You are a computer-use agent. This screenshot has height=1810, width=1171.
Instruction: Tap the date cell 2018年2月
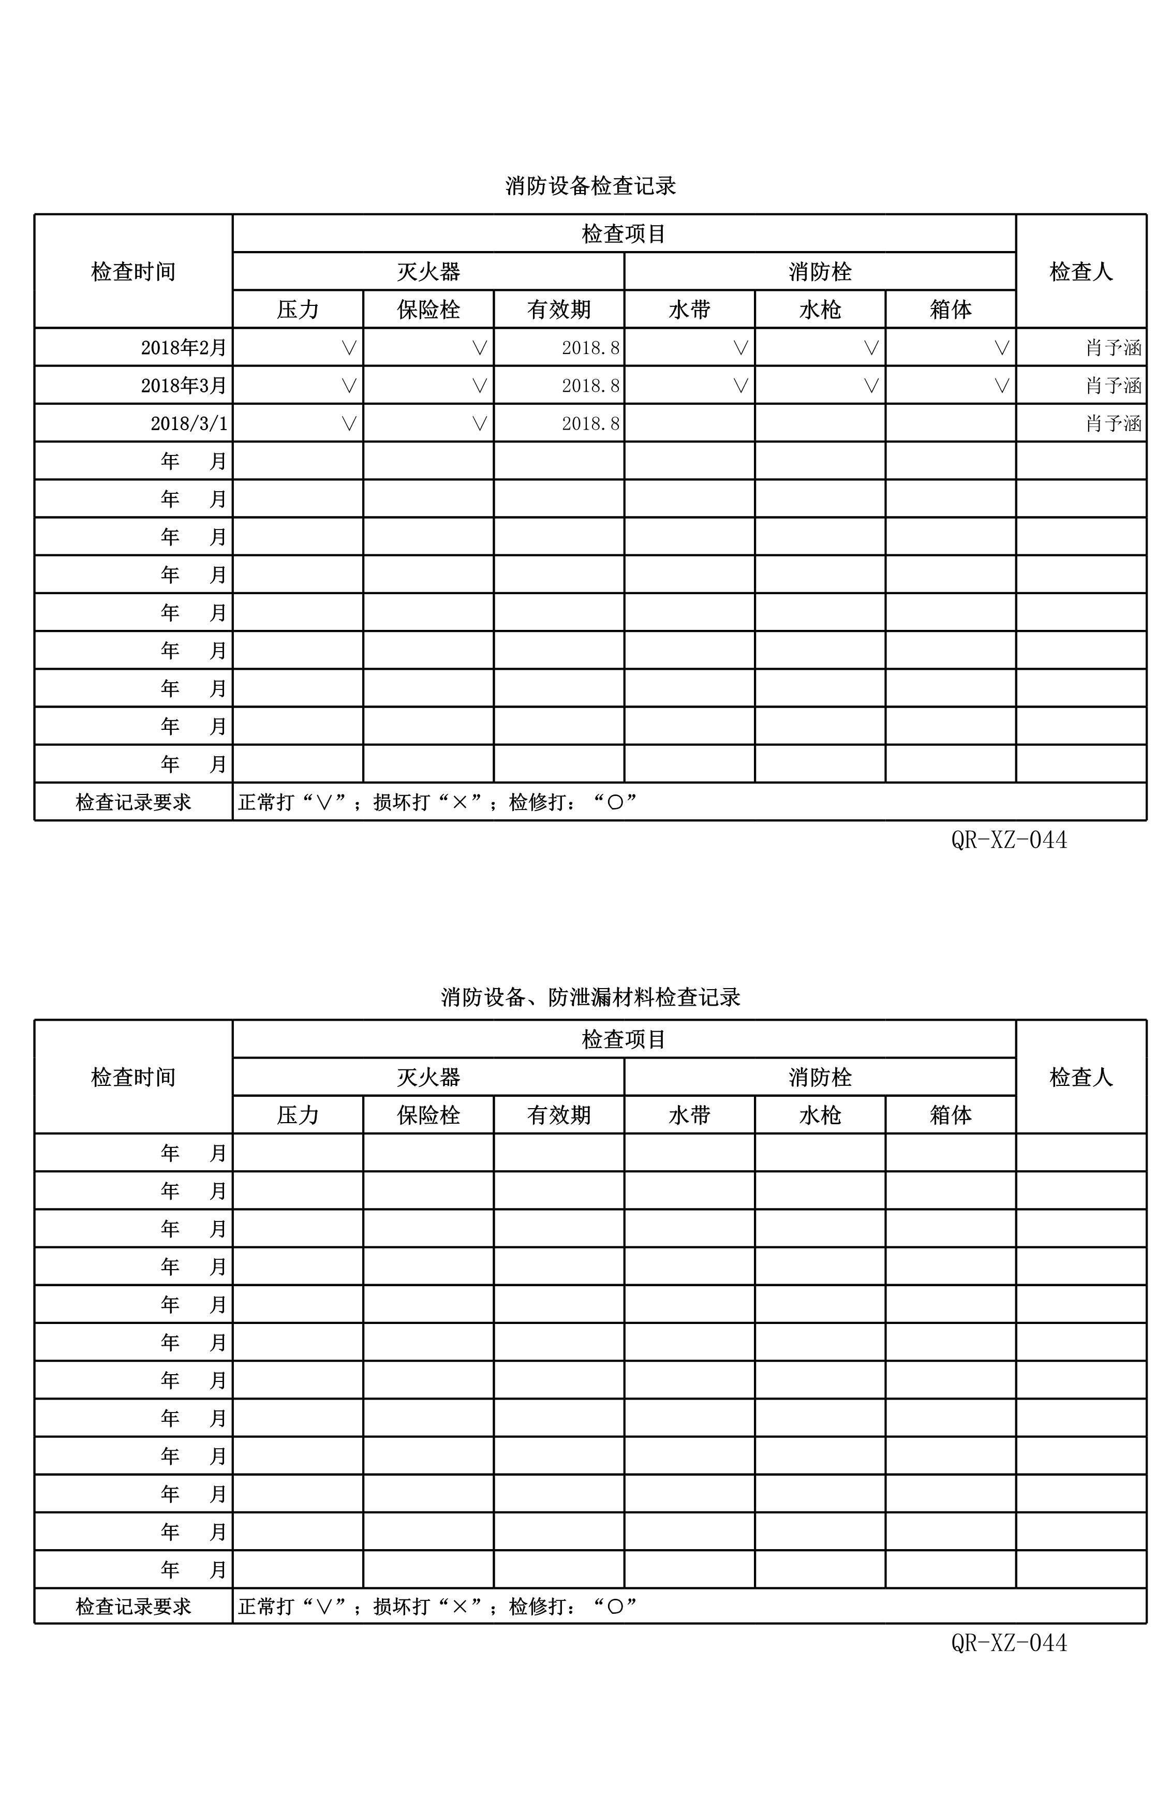pyautogui.click(x=184, y=347)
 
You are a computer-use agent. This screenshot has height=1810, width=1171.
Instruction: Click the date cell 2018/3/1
pyautogui.click(x=188, y=423)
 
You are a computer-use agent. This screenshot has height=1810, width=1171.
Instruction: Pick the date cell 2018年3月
pyautogui.click(x=184, y=386)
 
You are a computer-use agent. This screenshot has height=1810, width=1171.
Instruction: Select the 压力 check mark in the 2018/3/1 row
pyautogui.click(x=349, y=423)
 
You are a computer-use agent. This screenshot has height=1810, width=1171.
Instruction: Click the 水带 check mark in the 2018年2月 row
pyautogui.click(x=740, y=347)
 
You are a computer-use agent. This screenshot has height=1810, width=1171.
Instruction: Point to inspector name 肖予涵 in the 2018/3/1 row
pyautogui.click(x=1113, y=423)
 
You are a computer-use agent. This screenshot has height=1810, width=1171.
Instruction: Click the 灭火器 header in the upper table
pyautogui.click(x=428, y=272)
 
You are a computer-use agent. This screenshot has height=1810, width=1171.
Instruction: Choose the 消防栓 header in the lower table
pyautogui.click(x=820, y=1077)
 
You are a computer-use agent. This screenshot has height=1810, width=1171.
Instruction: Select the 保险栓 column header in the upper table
pyautogui.click(x=428, y=310)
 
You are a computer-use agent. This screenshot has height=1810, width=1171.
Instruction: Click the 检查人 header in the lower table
pyautogui.click(x=1080, y=1077)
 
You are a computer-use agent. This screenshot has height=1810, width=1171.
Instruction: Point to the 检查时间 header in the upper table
pyautogui.click(x=133, y=272)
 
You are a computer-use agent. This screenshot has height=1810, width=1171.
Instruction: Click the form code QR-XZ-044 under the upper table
pyautogui.click(x=1009, y=840)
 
